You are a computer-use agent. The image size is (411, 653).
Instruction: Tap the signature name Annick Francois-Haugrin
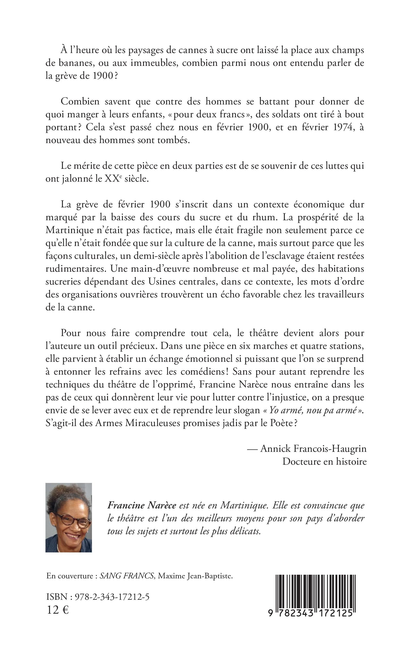coord(313,448)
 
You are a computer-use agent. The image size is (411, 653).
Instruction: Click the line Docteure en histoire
coord(324,461)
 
